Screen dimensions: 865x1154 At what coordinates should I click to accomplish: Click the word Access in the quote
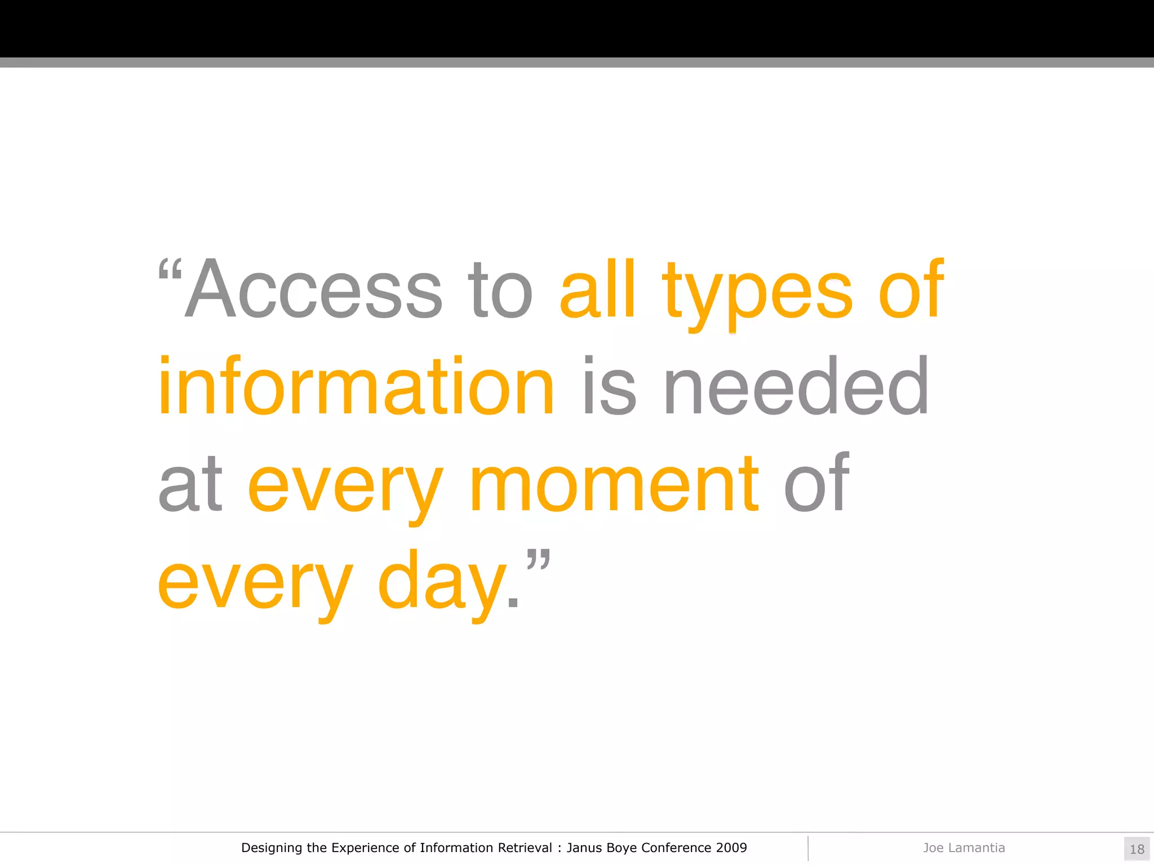(x=313, y=290)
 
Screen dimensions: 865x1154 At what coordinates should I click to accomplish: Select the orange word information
(x=356, y=387)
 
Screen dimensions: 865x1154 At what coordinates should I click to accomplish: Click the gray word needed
(x=796, y=387)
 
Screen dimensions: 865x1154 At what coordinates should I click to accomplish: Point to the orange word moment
(x=615, y=484)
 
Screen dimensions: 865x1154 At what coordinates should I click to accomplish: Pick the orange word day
(x=442, y=582)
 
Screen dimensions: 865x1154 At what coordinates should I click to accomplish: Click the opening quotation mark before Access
(x=170, y=270)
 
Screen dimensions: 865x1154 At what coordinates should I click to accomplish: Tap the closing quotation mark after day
(x=538, y=561)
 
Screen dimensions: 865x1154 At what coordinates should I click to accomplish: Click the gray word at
(x=190, y=484)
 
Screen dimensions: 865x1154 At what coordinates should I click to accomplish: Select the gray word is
(x=609, y=387)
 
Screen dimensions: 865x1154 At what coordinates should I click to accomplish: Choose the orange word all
(x=597, y=290)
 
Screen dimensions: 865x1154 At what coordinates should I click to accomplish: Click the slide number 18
(x=1137, y=849)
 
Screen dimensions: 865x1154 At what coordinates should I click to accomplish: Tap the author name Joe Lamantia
(x=964, y=848)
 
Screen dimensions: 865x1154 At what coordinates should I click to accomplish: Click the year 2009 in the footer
(x=731, y=848)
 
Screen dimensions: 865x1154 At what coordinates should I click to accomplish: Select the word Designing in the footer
(x=272, y=848)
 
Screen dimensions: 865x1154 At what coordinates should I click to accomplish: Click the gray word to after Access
(x=499, y=290)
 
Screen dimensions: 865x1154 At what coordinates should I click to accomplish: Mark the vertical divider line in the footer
(x=808, y=848)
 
